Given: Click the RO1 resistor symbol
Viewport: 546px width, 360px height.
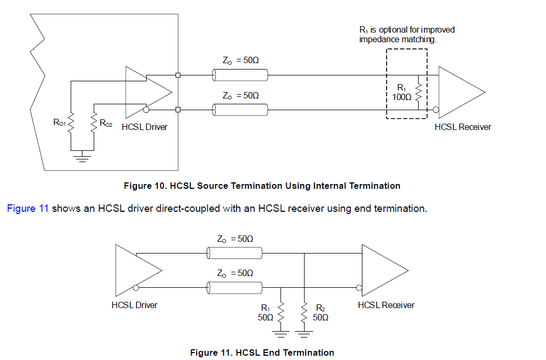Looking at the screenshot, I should point(70,125).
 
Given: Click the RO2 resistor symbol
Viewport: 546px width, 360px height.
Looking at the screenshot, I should point(95,124).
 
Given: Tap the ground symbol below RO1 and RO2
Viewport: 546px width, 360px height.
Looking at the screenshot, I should point(82,156).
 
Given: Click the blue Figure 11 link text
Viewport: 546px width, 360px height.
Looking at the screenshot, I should point(28,208).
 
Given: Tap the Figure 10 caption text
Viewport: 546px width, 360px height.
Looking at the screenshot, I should point(262,186).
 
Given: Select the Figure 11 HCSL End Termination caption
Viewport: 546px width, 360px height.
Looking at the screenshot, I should point(262,353).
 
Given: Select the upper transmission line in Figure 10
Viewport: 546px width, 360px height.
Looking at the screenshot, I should point(239,75).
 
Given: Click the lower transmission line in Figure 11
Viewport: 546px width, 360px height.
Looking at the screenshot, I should point(234,288).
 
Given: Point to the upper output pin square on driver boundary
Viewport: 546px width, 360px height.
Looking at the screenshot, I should point(178,75).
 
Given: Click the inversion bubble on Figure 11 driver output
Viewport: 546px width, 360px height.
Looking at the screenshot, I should point(136,288).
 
